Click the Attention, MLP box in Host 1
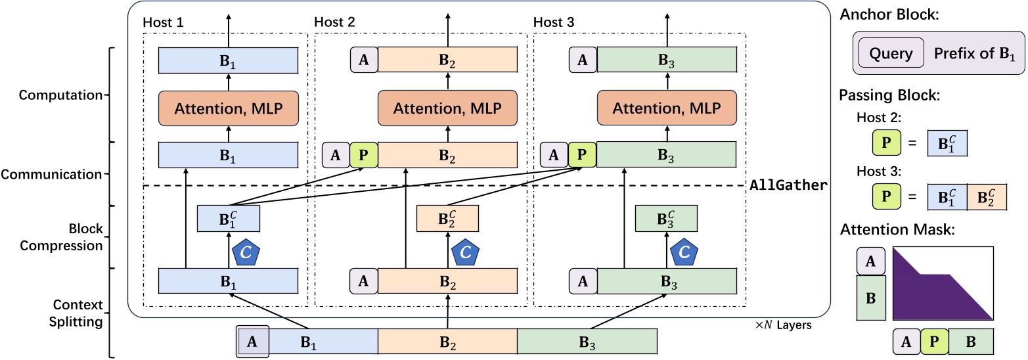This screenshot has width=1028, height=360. pos(229,106)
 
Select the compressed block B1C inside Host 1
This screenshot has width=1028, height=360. pos(229,219)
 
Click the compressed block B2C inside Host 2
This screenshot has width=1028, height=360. pos(447,219)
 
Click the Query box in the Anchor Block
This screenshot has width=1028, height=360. pos(891,53)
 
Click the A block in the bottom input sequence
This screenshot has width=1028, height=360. pos(252,342)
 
